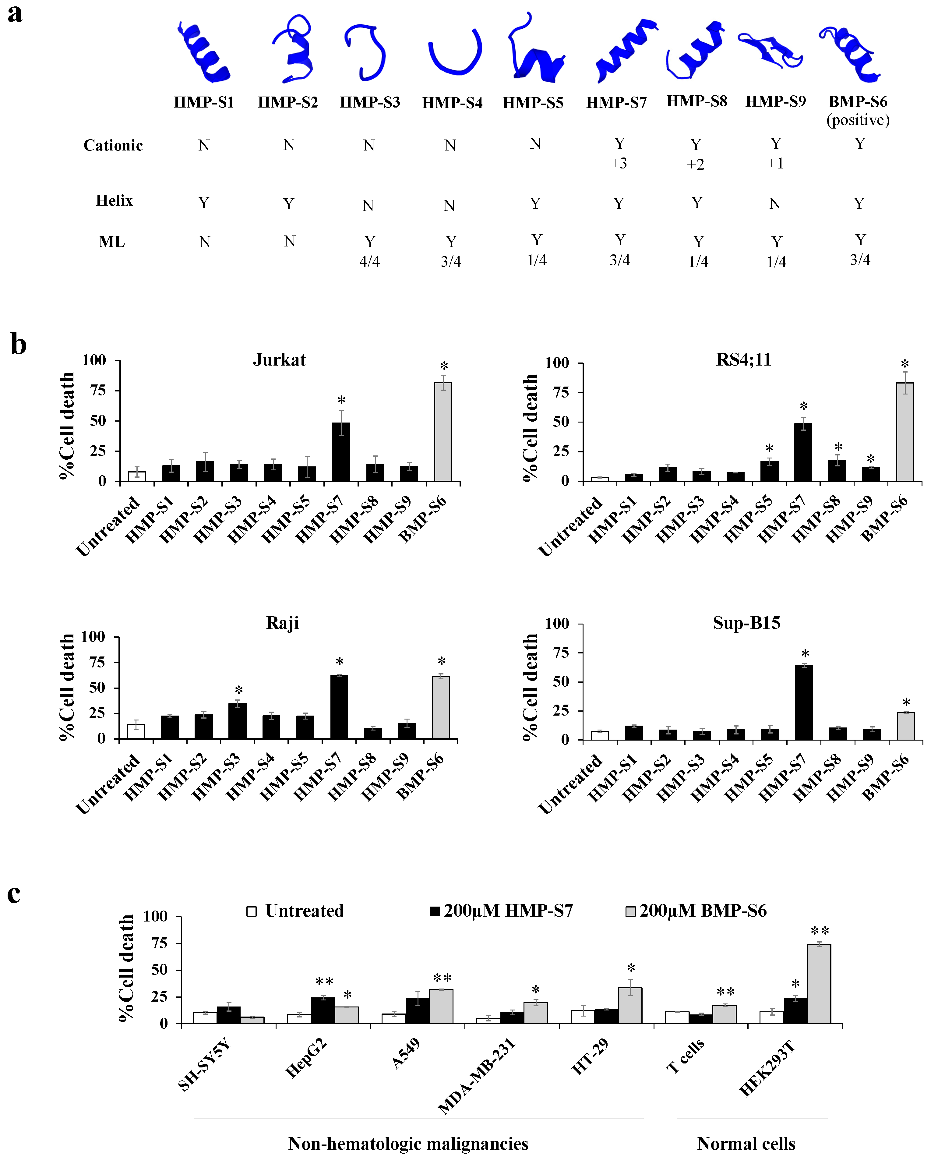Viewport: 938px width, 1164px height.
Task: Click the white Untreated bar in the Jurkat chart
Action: pyautogui.click(x=137, y=476)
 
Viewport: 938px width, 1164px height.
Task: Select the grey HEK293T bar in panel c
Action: pyautogui.click(x=819, y=984)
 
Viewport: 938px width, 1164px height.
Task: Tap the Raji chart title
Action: pyautogui.click(x=282, y=623)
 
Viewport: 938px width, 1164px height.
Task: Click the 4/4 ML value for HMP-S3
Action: pyautogui.click(x=370, y=262)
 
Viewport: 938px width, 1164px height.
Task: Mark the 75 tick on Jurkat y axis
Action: pyautogui.click(x=98, y=390)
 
